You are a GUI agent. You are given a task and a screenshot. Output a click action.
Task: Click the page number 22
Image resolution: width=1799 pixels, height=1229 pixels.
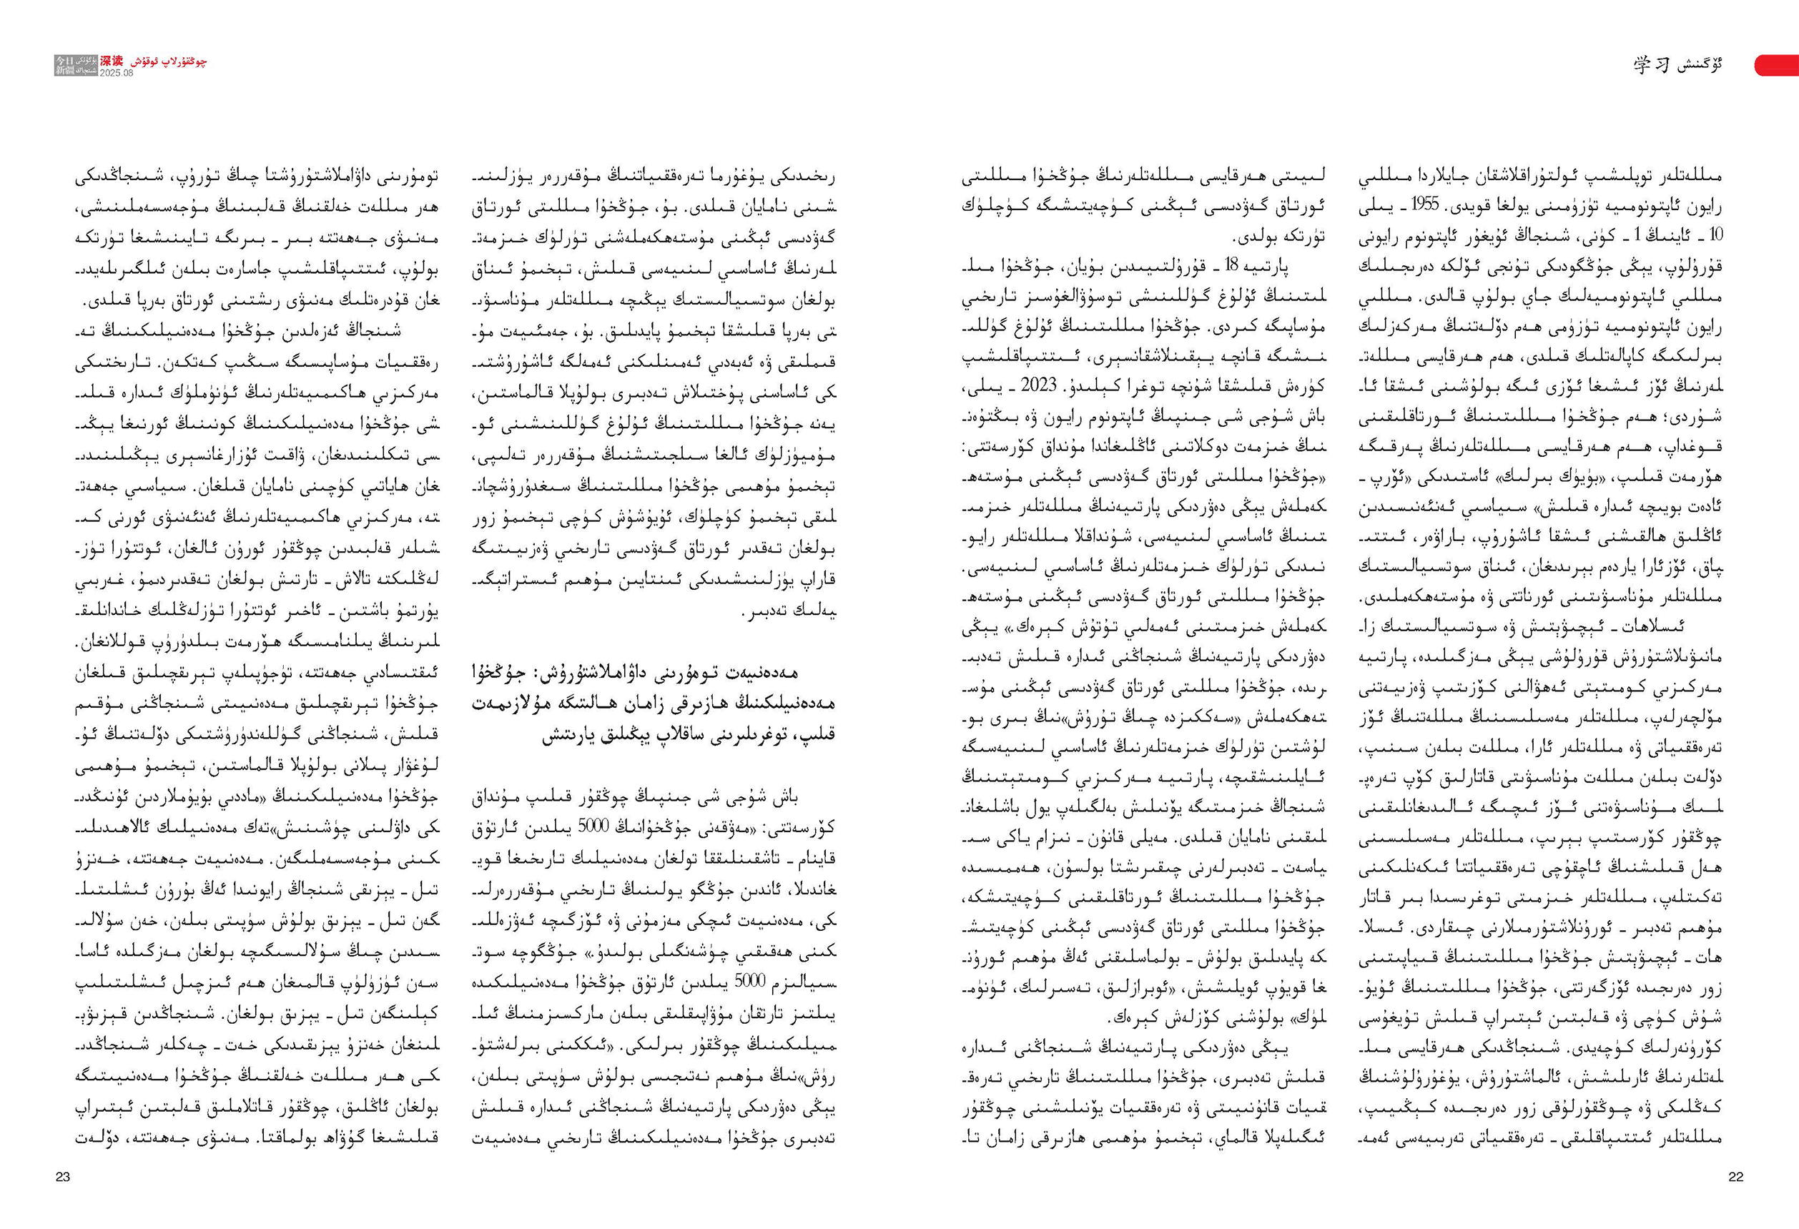pos(1735,1176)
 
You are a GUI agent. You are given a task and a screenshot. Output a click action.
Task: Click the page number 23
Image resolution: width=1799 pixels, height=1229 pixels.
pos(63,1176)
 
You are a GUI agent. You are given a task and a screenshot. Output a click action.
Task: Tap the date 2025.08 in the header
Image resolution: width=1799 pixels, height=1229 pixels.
pos(117,73)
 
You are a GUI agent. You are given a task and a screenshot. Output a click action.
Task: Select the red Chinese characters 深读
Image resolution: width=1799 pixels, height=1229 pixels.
pos(112,60)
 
